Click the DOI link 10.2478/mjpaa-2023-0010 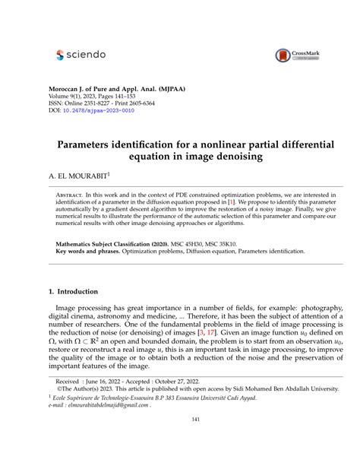[x=101, y=111]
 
